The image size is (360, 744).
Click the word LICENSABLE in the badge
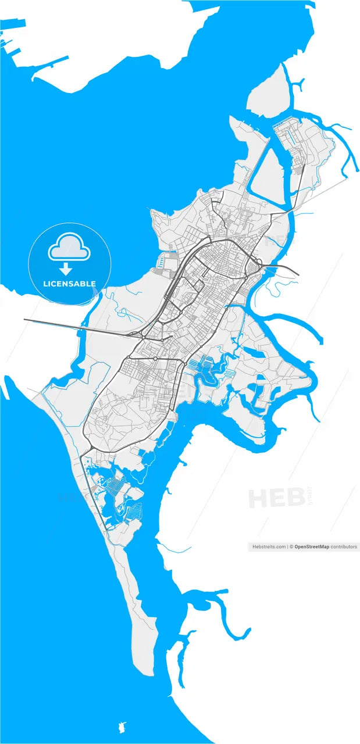pyautogui.click(x=69, y=284)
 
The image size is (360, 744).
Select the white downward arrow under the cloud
pyautogui.click(x=66, y=269)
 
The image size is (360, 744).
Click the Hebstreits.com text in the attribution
pyautogui.click(x=269, y=547)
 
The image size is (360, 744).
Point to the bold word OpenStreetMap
pyautogui.click(x=312, y=547)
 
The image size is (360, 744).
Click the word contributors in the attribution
pyautogui.click(x=344, y=547)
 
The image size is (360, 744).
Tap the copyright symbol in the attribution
pyautogui.click(x=292, y=547)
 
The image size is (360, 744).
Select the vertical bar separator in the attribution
pyautogui.click(x=288, y=547)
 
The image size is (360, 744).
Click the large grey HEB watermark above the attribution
pyautogui.click(x=277, y=498)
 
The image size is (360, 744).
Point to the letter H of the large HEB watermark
pyautogui.click(x=258, y=498)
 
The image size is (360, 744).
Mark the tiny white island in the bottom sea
pyautogui.click(x=123, y=727)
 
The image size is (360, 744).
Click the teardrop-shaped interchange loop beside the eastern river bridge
pyautogui.click(x=254, y=267)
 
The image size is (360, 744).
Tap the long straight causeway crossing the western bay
pyautogui.click(x=76, y=327)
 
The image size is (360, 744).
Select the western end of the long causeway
pyautogui.click(x=25, y=319)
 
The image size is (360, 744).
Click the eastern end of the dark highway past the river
pyautogui.click(x=298, y=274)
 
